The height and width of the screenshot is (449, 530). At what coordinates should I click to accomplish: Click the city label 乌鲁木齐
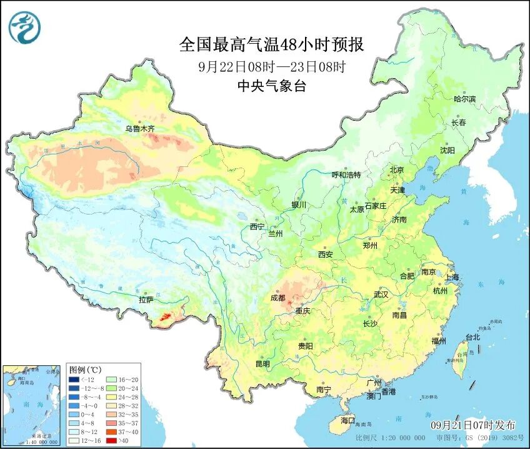tap(139, 129)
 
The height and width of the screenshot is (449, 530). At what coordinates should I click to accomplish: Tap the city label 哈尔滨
tap(464, 99)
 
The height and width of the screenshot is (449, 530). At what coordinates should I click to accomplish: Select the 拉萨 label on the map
tap(146, 300)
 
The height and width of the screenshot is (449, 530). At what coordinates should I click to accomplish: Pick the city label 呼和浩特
tap(346, 175)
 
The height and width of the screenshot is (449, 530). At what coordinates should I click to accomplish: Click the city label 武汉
tap(381, 294)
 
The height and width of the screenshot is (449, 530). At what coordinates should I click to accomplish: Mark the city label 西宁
tap(257, 226)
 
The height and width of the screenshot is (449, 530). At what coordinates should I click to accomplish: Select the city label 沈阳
tap(447, 150)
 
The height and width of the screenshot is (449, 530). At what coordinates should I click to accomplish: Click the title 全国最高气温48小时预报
tap(271, 44)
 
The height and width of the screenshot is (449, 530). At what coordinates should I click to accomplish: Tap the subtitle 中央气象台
tap(271, 87)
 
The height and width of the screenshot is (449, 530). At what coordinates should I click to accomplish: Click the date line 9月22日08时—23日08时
tap(271, 66)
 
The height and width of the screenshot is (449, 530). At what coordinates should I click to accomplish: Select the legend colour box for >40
tap(109, 440)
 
